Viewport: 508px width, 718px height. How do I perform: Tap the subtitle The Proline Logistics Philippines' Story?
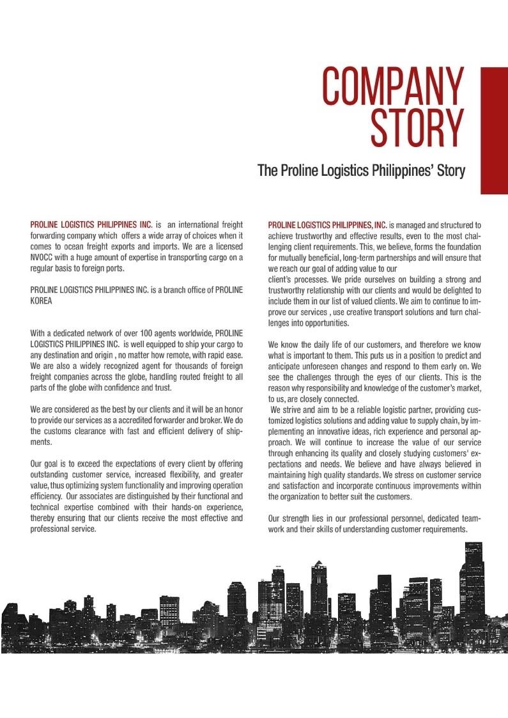361,171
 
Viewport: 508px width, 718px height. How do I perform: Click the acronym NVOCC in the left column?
44,258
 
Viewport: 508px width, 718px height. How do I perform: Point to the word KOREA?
42,301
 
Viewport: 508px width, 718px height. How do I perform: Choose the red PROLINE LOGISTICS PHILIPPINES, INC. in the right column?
328,225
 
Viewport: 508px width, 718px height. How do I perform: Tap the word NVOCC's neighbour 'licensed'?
226,247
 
